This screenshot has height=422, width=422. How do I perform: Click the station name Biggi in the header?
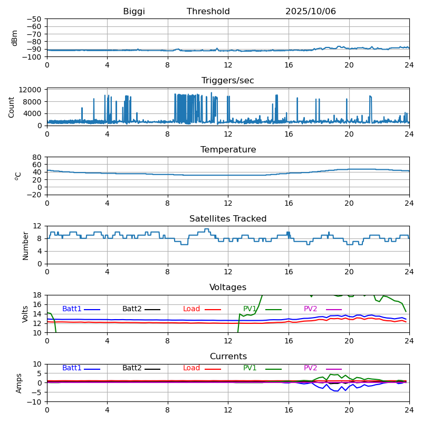click(134, 12)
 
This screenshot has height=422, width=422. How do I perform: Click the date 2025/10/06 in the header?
click(310, 12)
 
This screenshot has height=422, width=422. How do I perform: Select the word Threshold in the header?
click(208, 12)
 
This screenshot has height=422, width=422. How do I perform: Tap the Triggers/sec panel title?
click(227, 81)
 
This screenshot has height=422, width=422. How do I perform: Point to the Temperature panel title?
click(228, 150)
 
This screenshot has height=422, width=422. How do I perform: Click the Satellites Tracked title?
click(228, 219)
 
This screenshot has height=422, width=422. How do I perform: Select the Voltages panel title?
click(228, 287)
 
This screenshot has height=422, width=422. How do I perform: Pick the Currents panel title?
click(228, 357)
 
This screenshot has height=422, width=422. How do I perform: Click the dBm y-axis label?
click(15, 37)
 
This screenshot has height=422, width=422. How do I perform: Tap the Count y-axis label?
click(12, 107)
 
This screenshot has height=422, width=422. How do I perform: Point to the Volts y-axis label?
click(25, 314)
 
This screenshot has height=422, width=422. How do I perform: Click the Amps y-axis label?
click(19, 383)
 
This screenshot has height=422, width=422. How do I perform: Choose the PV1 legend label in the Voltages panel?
click(250, 309)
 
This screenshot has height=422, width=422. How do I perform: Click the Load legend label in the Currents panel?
click(191, 368)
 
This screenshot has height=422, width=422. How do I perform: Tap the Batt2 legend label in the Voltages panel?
click(132, 309)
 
